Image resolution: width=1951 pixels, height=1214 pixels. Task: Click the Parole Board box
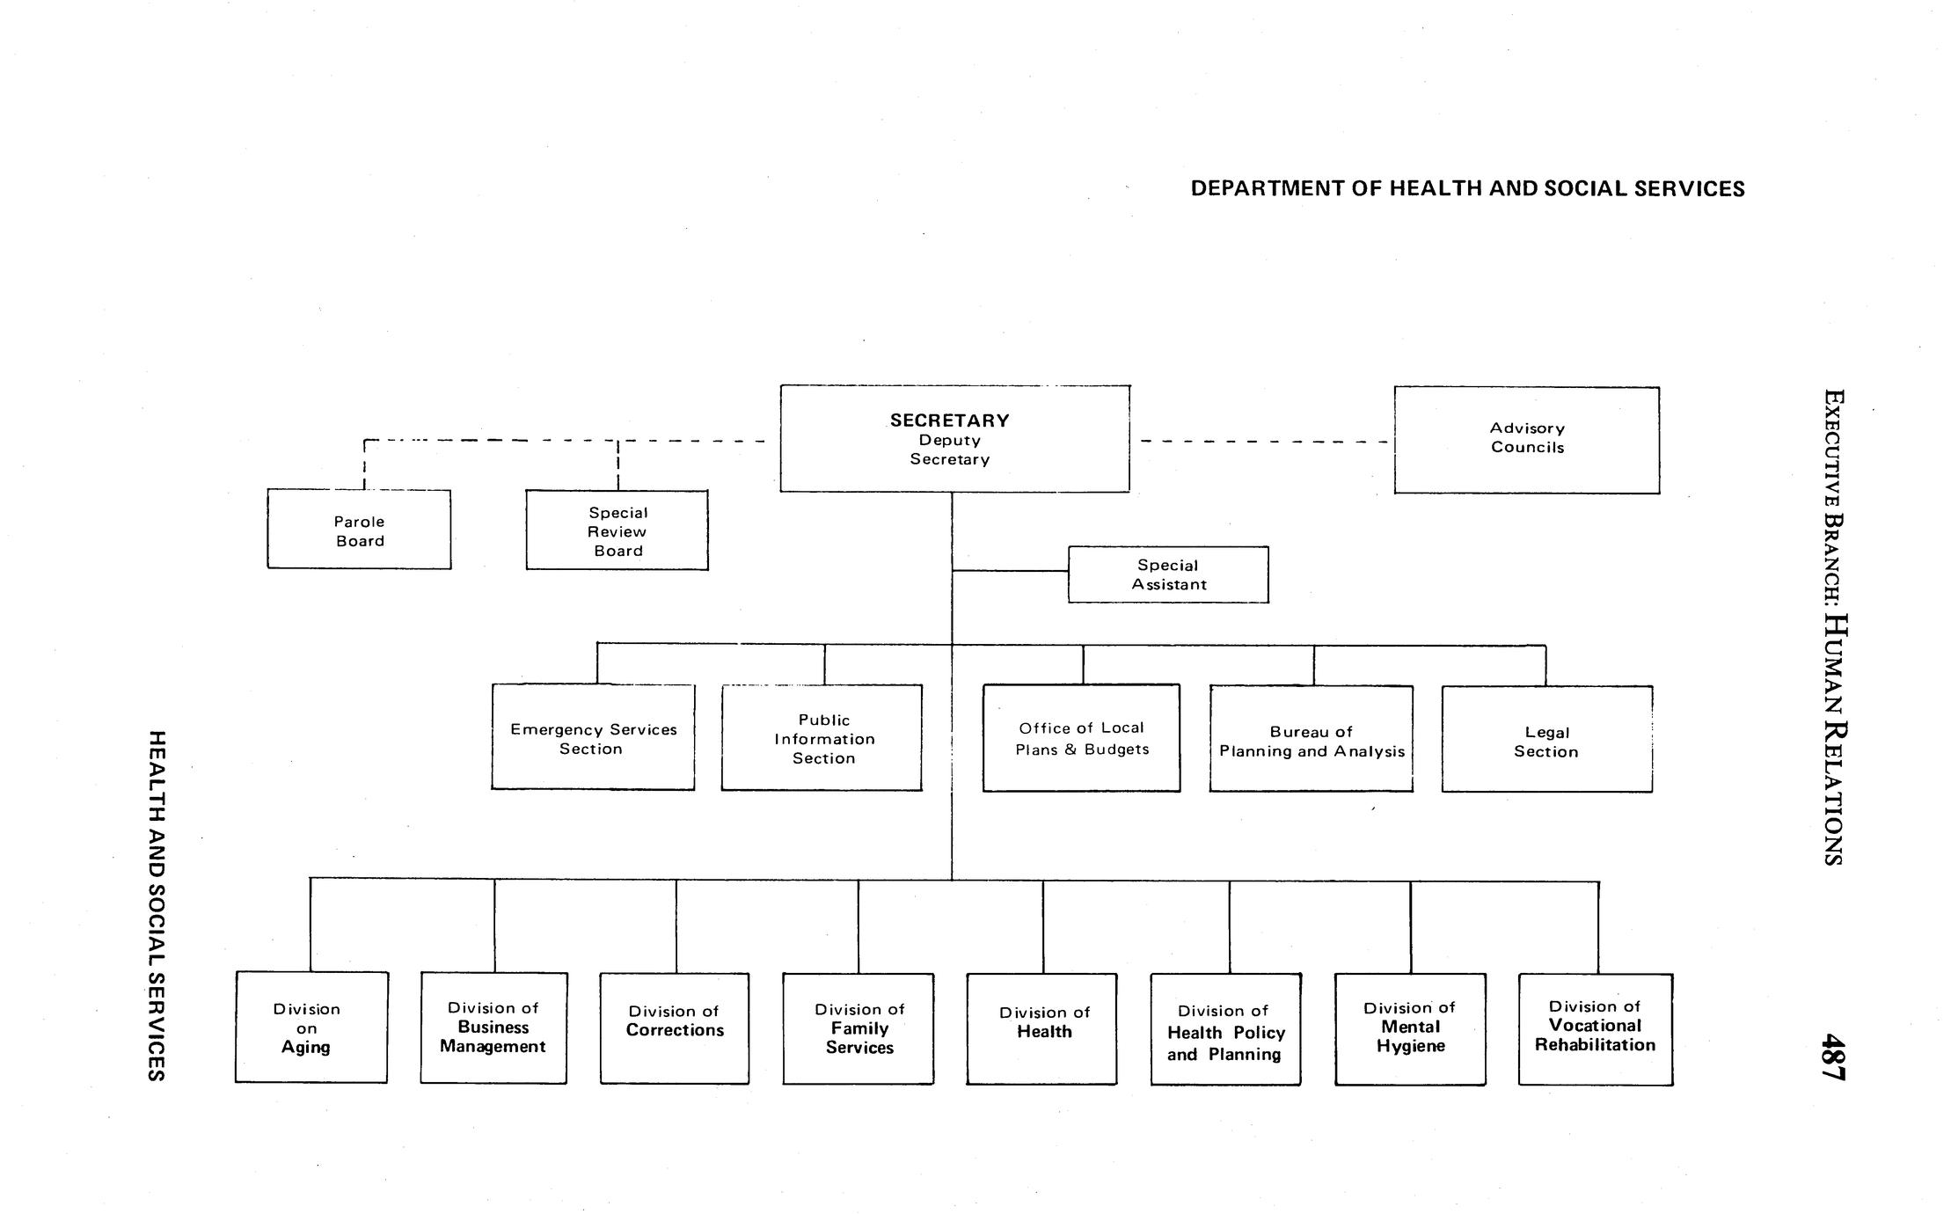[359, 530]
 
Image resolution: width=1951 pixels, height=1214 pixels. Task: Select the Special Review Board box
[617, 530]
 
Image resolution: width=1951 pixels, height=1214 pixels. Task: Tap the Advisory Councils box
[1526, 439]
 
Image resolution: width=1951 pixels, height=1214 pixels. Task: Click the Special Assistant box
[1168, 574]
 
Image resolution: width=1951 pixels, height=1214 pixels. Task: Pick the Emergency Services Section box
[593, 737]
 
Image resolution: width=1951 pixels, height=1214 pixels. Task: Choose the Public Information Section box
[822, 738]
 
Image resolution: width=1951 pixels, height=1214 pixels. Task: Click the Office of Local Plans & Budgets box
[1081, 738]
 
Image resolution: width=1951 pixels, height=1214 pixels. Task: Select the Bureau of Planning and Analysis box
[1311, 740]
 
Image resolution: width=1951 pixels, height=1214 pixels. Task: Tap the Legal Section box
[1546, 740]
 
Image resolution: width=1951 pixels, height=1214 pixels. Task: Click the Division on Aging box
[311, 1027]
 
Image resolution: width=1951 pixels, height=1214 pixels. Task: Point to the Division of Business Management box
[493, 1027]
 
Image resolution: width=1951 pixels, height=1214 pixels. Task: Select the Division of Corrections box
[675, 1028]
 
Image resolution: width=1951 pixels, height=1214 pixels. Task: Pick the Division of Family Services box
[859, 1028]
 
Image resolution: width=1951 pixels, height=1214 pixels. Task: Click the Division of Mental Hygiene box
[1410, 1028]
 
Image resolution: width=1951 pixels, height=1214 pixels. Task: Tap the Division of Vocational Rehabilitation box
[1595, 1028]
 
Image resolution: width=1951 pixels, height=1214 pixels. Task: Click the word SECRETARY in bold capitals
[949, 421]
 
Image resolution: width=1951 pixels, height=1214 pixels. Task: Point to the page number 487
[1833, 1057]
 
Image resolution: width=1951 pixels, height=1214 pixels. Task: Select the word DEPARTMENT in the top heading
[1266, 189]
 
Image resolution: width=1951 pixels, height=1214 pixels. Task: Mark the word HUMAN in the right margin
[1833, 665]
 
